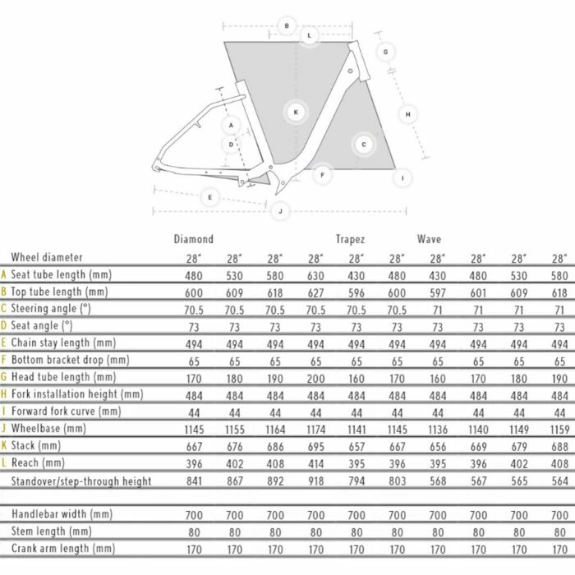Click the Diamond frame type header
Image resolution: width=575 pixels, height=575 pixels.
(194, 239)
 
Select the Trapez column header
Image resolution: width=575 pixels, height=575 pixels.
(350, 239)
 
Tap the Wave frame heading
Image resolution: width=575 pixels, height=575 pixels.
(428, 239)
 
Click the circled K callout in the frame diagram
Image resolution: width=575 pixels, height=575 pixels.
(295, 112)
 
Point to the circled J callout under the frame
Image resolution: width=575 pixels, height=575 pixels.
(281, 211)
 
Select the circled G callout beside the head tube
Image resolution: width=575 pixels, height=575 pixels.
(385, 51)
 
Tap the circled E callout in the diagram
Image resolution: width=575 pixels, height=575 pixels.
(211, 197)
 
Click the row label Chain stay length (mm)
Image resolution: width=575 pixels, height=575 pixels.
(69, 343)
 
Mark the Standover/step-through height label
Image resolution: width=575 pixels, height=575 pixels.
(81, 481)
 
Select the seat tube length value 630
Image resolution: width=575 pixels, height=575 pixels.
(315, 274)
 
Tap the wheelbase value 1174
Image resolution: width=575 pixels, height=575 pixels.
(315, 429)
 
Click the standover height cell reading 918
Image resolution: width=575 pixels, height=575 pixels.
(315, 481)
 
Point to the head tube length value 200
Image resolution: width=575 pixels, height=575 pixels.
(315, 377)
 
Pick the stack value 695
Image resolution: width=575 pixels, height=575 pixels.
(315, 446)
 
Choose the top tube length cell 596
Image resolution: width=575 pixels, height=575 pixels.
(356, 292)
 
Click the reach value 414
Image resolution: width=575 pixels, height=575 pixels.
(315, 463)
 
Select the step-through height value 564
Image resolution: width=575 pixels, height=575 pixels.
(559, 481)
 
